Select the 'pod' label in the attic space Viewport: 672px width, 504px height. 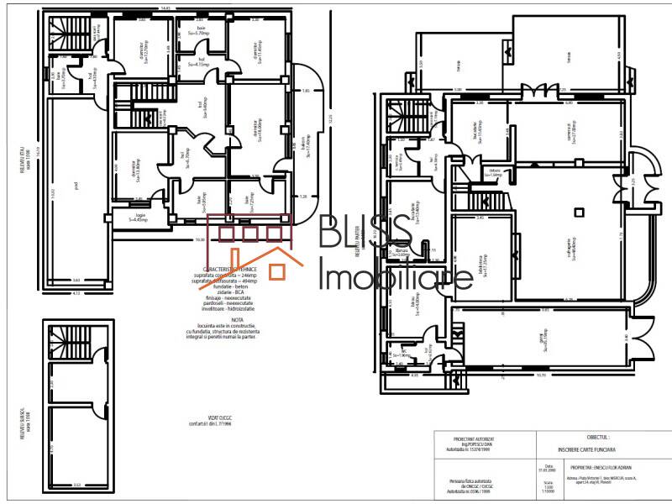76,188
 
